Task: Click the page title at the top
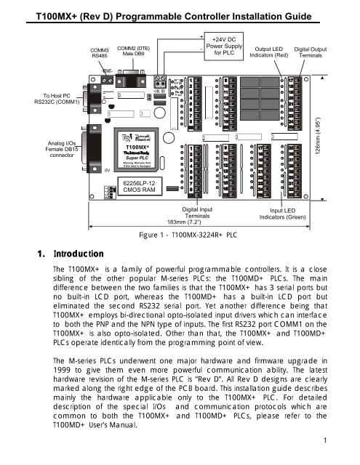pyautogui.click(x=180, y=9)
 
